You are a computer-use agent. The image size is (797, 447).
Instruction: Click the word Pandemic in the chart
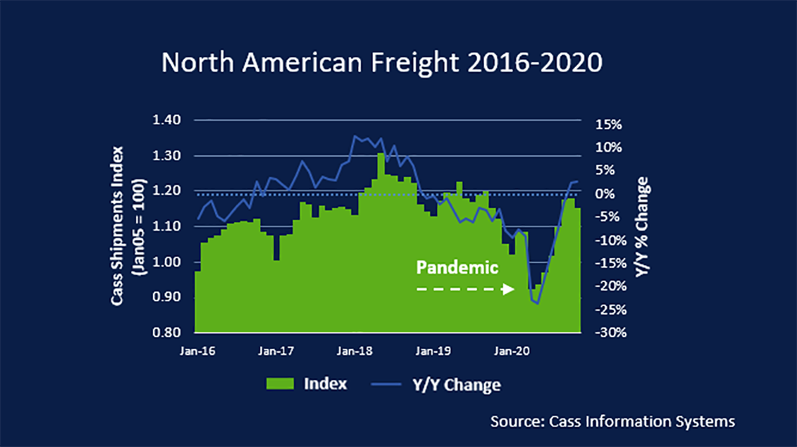[x=457, y=268]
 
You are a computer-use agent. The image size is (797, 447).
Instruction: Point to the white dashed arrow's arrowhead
[x=509, y=290]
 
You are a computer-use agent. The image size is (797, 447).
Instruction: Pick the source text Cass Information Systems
[x=612, y=421]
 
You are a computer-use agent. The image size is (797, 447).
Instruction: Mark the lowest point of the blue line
[x=537, y=304]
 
